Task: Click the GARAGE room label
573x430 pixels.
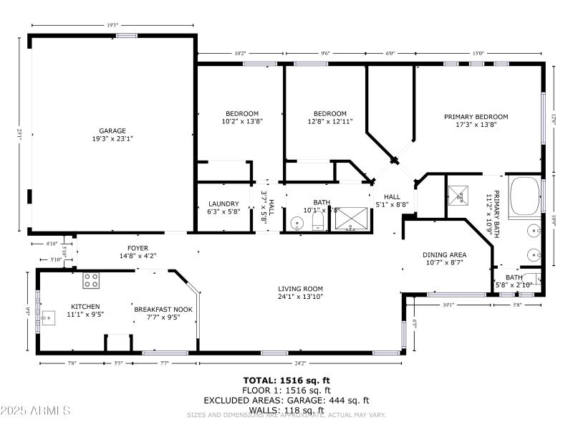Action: [x=112, y=130]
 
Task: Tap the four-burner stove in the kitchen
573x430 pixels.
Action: [x=91, y=280]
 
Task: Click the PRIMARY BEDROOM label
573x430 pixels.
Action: [x=476, y=117]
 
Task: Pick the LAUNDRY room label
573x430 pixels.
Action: [x=223, y=203]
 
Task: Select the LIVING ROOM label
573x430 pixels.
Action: [x=300, y=289]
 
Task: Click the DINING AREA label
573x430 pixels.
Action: [x=444, y=254]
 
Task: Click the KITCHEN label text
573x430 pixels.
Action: [x=85, y=306]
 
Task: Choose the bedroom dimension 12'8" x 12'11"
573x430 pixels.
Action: [x=330, y=122]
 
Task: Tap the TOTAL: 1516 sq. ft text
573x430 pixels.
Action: [x=286, y=381]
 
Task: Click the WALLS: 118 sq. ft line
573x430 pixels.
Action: [x=286, y=409]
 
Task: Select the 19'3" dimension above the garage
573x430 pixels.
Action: [x=112, y=26]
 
